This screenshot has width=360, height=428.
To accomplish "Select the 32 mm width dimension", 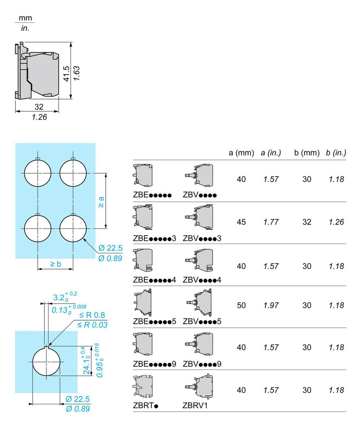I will tap(39, 107).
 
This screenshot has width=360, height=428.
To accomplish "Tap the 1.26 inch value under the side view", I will tap(39, 118).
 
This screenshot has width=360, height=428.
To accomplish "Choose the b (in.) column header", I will tap(336, 153).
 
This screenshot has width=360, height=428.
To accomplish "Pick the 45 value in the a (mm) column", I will tap(241, 222).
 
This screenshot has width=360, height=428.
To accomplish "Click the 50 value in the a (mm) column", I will tap(241, 305).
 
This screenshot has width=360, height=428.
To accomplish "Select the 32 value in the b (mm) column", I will tap(307, 222).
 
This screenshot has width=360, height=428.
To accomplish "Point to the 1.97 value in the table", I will tap(271, 305).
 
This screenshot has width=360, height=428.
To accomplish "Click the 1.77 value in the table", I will tap(271, 222).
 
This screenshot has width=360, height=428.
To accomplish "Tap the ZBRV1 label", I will tap(195, 406).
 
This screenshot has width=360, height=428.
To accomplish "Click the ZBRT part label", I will tap(145, 406).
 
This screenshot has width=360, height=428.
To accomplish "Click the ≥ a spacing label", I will tap(101, 202).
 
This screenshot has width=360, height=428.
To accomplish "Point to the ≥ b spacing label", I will tap(55, 264).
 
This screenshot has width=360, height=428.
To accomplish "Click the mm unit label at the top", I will tap(25, 18).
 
